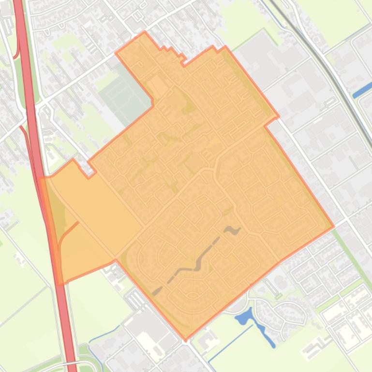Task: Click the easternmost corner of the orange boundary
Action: point(334,226)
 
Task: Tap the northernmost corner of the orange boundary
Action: point(145,32)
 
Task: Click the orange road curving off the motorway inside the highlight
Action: point(65,232)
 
